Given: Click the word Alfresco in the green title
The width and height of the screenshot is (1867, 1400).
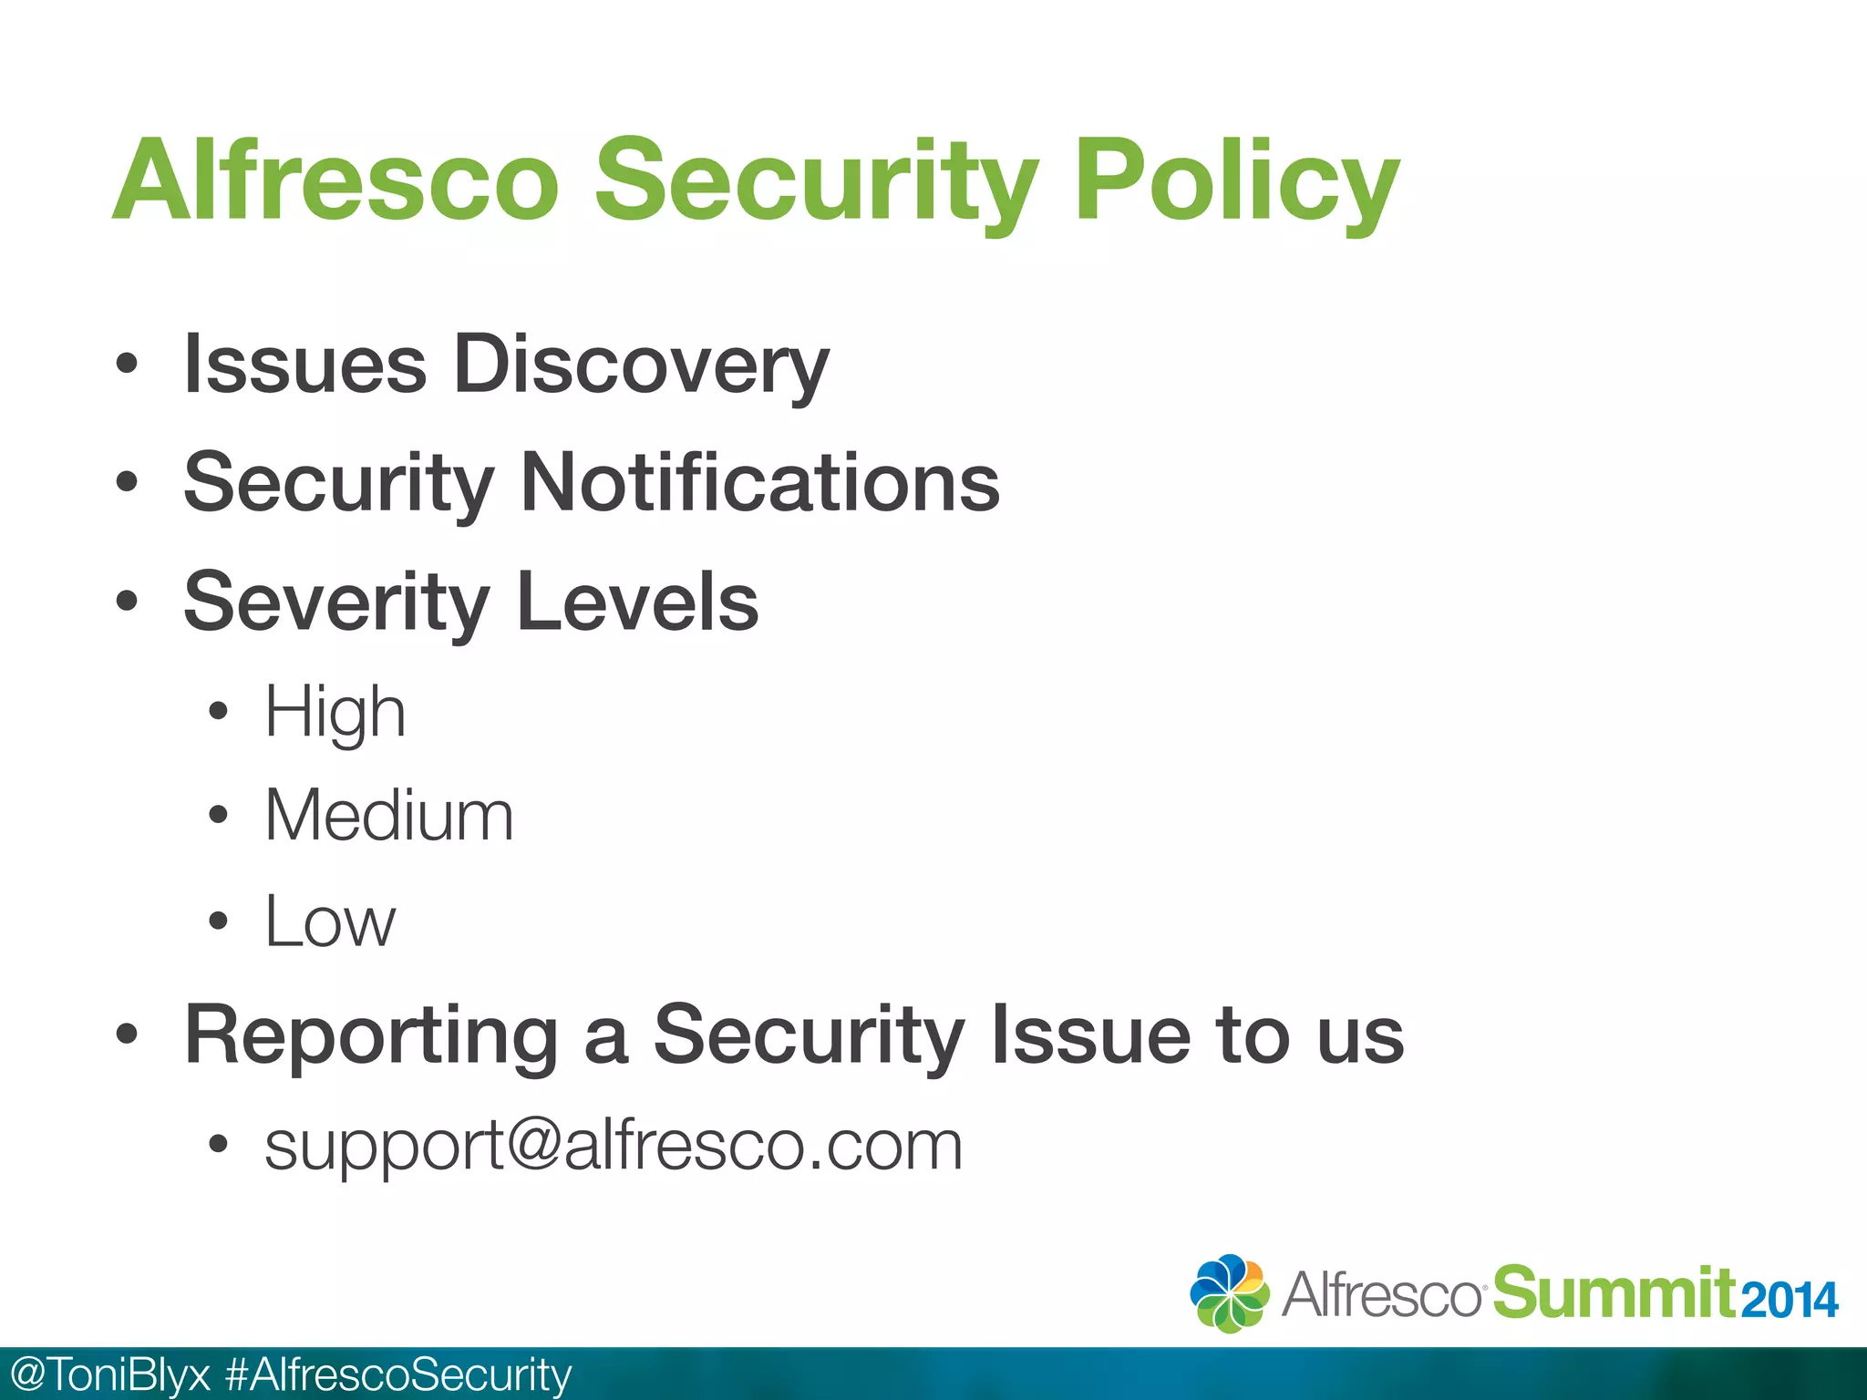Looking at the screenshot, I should tap(335, 180).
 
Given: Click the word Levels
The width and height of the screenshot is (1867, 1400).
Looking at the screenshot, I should tap(637, 602).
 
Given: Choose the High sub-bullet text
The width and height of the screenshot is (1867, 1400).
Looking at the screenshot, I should tap(335, 713).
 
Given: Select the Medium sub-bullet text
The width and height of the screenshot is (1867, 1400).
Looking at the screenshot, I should tap(389, 816).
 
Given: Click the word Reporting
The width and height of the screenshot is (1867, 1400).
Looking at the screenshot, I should tap(371, 1036).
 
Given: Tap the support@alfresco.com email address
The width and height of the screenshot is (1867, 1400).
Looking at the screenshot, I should tap(614, 1146).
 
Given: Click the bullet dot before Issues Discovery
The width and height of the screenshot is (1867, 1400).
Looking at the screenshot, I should tap(127, 365).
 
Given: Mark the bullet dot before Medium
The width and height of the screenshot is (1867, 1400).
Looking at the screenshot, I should tap(217, 814).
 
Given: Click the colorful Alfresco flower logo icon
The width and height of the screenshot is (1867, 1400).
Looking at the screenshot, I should tap(1229, 1293).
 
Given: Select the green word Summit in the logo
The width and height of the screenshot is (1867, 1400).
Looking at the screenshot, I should tap(1613, 1292).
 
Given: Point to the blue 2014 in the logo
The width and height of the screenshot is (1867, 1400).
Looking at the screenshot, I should tap(1790, 1301).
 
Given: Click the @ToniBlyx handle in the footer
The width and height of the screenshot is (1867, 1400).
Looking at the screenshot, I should tap(108, 1374).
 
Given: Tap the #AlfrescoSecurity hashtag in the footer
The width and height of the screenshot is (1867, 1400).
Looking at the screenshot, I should tap(398, 1374).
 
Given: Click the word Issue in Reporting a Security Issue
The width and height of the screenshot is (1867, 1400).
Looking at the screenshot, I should tap(1090, 1036).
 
